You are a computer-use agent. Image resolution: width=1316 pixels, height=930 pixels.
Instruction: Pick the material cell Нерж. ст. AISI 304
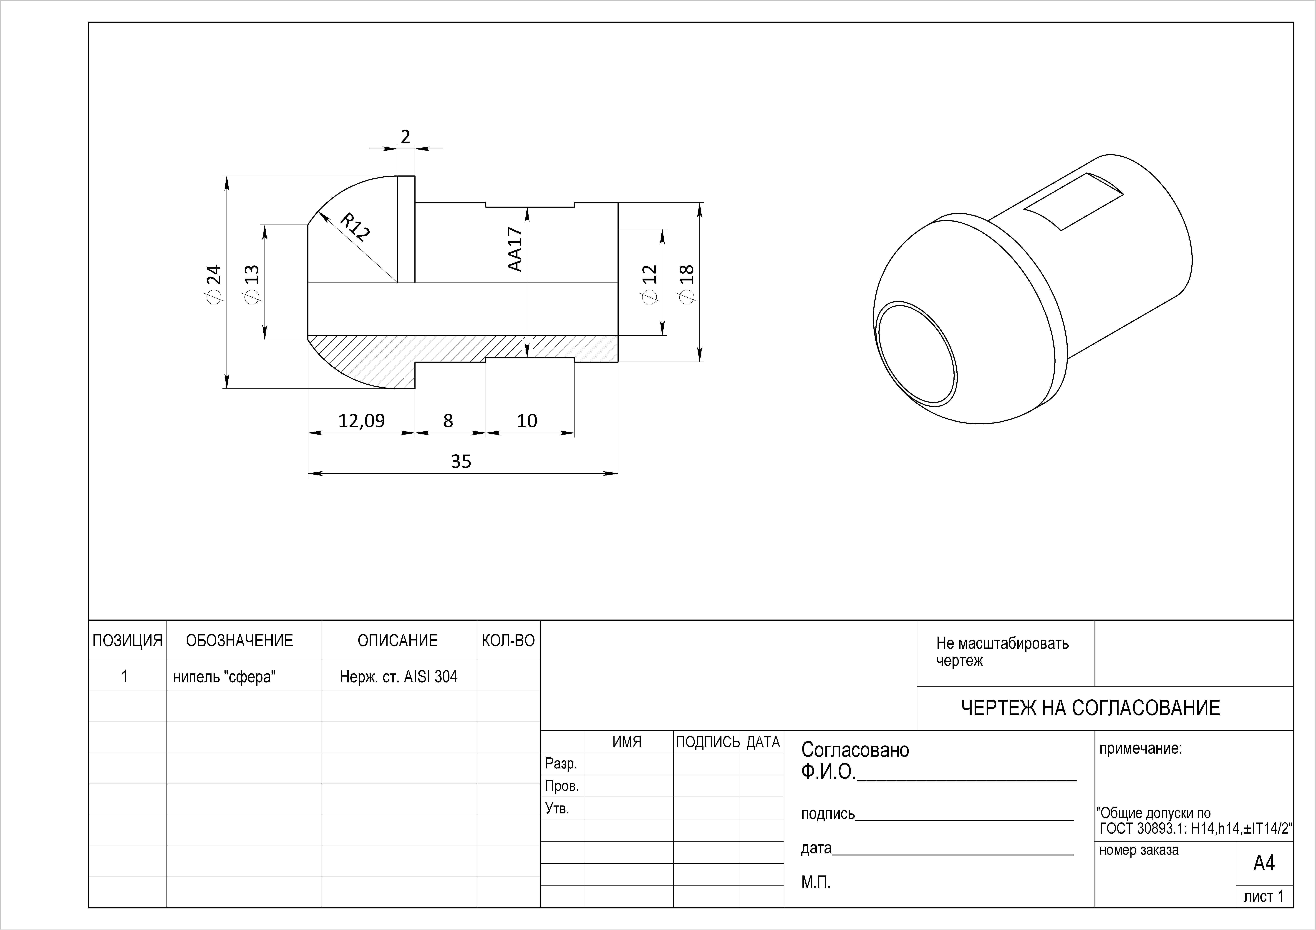(x=398, y=677)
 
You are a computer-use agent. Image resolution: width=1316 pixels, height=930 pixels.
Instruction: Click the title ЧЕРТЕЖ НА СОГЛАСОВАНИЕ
(x=1090, y=708)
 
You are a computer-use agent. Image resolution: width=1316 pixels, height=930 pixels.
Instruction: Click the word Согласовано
(x=855, y=750)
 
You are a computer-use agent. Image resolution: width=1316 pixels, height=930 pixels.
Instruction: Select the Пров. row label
(x=562, y=786)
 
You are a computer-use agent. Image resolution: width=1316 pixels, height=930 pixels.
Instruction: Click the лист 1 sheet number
(x=1264, y=896)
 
